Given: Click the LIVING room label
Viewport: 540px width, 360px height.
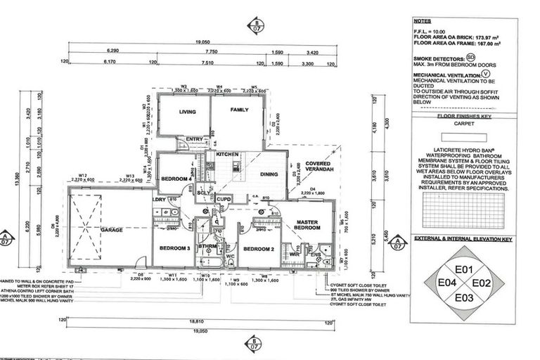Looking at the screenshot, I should click(x=187, y=112).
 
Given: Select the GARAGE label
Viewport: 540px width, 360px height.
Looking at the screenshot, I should click(x=112, y=230).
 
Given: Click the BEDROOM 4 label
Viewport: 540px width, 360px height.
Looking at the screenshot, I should click(x=176, y=179).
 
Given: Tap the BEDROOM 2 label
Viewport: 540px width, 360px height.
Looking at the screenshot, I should click(x=258, y=249).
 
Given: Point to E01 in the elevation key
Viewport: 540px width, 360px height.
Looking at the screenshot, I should click(x=463, y=269).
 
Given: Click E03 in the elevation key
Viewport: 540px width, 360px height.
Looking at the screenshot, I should click(x=463, y=297).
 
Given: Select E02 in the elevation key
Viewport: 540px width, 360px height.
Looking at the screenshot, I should click(x=481, y=283).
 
